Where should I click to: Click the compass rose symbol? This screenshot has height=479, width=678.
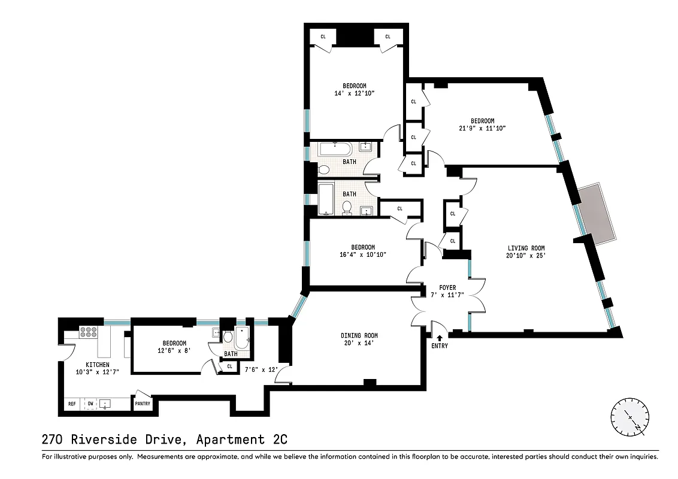tap(629, 417)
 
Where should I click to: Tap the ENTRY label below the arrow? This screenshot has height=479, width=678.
tap(439, 346)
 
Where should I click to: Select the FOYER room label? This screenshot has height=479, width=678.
tap(447, 287)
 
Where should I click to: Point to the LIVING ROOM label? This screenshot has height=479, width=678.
tap(526, 248)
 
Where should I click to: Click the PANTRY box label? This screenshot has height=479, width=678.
tap(143, 404)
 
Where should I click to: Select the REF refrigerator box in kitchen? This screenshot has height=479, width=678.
tap(72, 404)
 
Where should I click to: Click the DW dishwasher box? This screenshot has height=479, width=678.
tap(90, 404)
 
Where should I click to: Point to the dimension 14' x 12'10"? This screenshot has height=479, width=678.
tap(355, 93)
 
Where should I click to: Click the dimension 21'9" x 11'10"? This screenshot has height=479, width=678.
tap(482, 128)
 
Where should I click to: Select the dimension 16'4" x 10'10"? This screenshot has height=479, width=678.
tap(363, 254)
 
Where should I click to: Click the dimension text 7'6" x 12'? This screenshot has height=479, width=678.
tap(262, 369)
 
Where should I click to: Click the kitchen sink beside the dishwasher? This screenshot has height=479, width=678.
tap(105, 404)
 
